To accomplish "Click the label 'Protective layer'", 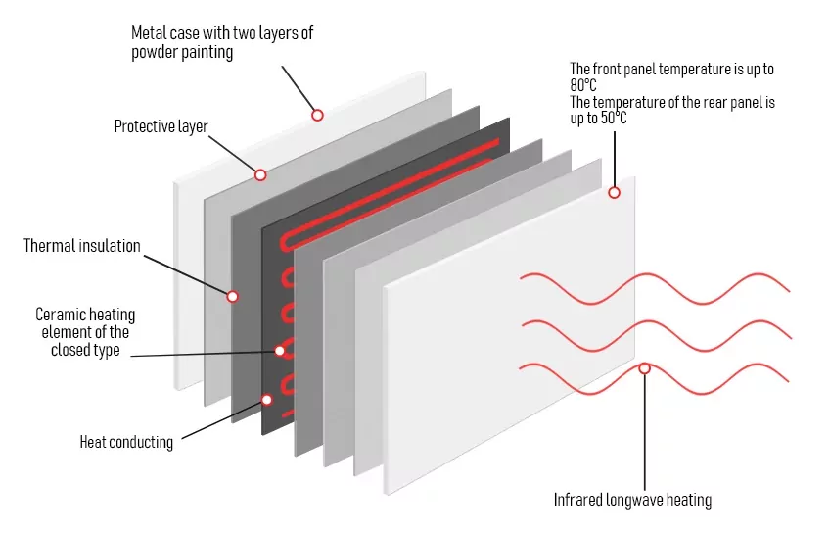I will tap(161, 126).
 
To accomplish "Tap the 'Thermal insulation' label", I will tap(82, 246).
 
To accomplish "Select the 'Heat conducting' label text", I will tap(126, 442).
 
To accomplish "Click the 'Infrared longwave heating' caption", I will tap(632, 500).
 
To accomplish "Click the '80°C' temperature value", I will tap(585, 85).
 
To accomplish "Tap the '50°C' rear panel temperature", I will tap(610, 118).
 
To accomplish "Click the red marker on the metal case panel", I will tap(317, 115).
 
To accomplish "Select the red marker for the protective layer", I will tap(260, 174).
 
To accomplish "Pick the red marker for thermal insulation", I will tap(233, 296).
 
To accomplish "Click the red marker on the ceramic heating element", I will tap(280, 349).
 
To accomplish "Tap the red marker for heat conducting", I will tap(266, 399).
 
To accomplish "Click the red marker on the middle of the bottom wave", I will tap(644, 368).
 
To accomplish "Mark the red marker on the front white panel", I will tap(615, 192).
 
